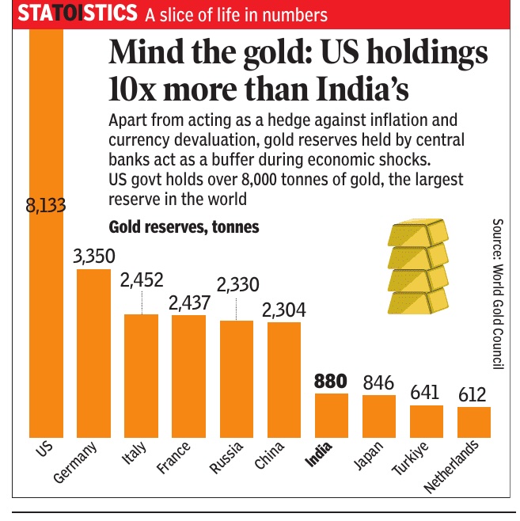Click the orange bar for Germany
coord(93,353)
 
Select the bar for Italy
coord(141,375)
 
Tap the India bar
coord(332,415)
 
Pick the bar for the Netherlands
coord(474,422)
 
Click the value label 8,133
coord(45,207)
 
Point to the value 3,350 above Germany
coord(93,257)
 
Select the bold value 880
coord(330,381)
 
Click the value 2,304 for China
coord(284,310)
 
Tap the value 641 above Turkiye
coord(426,392)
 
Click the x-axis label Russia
coord(226,458)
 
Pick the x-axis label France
coord(175,458)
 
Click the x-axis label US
coord(44,449)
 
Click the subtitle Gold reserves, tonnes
coord(184,228)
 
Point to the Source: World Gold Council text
coord(498,294)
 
